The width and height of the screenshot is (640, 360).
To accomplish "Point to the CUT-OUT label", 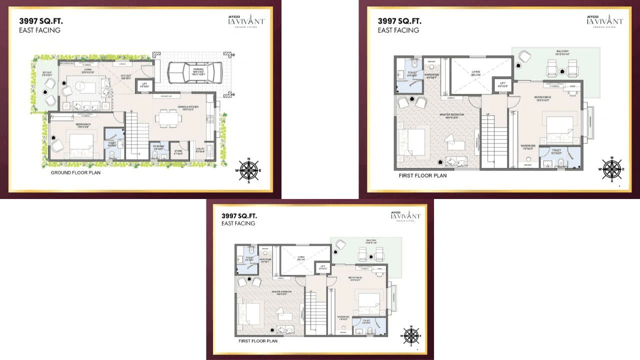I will click(125, 76).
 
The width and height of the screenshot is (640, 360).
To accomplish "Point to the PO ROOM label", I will click(157, 148).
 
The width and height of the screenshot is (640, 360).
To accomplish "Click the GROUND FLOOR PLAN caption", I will click(75, 173).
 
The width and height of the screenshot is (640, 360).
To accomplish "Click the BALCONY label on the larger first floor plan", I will click(562, 52).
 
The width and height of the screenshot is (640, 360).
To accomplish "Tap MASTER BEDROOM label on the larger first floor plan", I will click(452, 115).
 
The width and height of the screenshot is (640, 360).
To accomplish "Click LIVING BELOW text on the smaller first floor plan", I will click(301, 258).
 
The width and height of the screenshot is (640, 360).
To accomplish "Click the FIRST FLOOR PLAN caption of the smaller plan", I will click(258, 341).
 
